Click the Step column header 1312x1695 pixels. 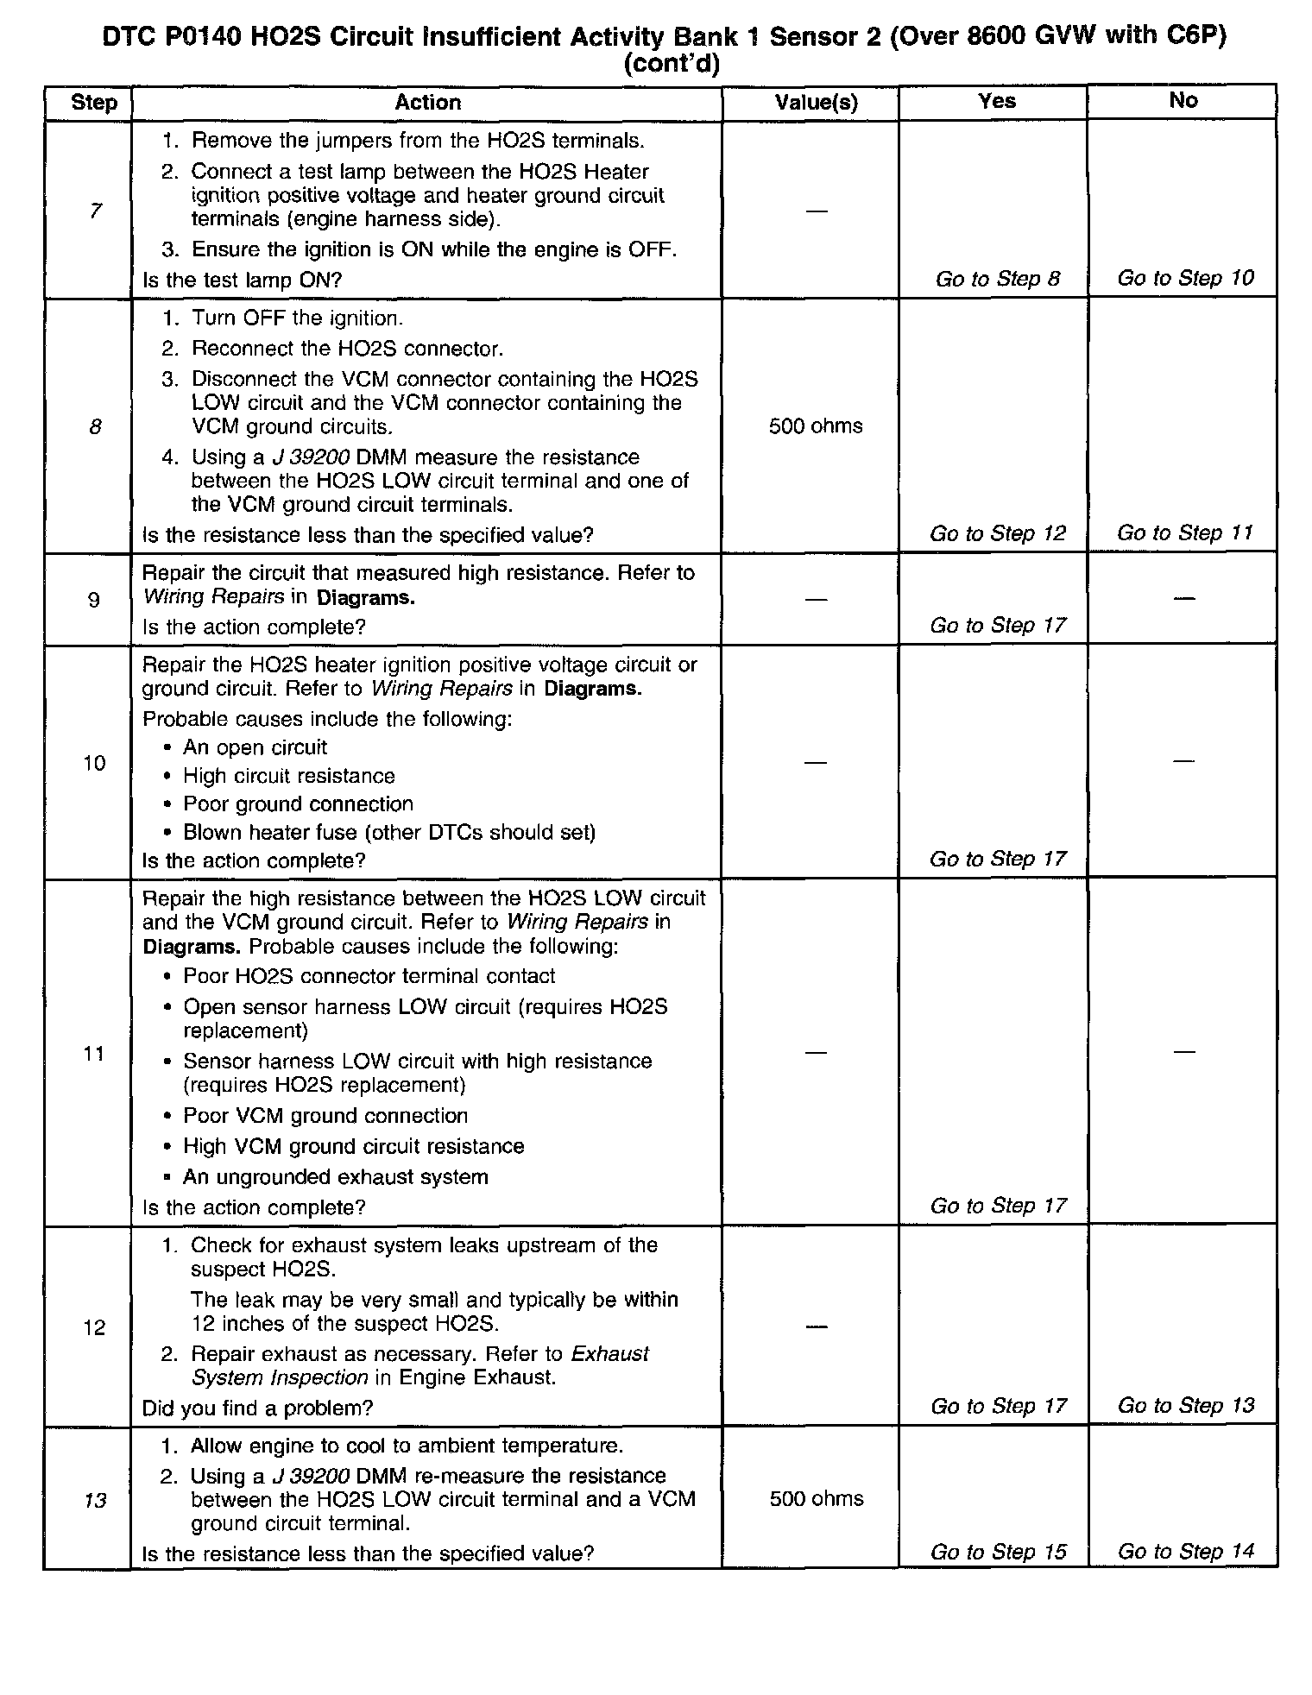[94, 103]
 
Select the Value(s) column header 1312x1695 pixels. [816, 103]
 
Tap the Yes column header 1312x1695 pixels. [997, 101]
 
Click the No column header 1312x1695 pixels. [1183, 100]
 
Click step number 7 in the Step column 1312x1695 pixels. [95, 211]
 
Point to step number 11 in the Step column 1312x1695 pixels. [94, 1053]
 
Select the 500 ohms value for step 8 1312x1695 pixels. [816, 426]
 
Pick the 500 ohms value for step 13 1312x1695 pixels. [817, 1498]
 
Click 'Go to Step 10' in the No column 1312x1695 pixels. [1185, 278]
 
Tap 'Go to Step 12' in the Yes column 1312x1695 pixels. [998, 533]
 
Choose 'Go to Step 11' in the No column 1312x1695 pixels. [1184, 532]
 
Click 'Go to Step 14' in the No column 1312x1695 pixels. [1185, 1551]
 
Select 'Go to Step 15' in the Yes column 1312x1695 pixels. [998, 1552]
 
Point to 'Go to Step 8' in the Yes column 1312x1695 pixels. [998, 279]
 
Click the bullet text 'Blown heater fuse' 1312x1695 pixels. [388, 832]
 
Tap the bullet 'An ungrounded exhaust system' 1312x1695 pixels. [335, 1176]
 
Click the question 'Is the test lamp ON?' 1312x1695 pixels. [243, 280]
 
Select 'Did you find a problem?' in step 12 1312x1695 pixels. [257, 1408]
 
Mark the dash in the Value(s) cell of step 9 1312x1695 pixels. [816, 599]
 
